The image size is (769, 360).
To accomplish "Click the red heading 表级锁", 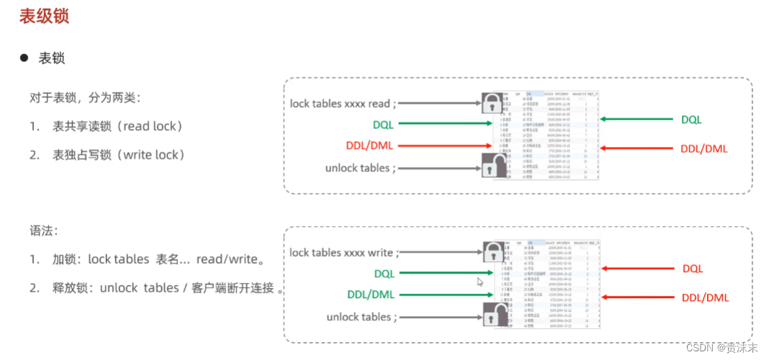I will click(x=44, y=16).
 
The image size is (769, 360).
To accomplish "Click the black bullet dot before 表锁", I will click(x=24, y=58).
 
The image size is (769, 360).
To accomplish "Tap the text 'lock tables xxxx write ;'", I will click(x=344, y=253).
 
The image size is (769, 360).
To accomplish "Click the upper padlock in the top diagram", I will click(x=492, y=103).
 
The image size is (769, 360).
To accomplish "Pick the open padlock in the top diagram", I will click(x=492, y=168).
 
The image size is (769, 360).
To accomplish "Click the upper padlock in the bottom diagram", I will click(x=493, y=251).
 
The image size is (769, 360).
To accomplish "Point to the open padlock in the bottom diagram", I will click(x=493, y=315).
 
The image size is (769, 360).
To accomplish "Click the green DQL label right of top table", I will click(x=691, y=120).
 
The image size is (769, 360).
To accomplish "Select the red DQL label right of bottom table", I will click(x=693, y=269).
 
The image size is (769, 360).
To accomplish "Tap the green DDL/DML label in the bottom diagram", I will click(x=371, y=294).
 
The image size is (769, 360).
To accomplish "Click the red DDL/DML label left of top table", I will click(x=370, y=147).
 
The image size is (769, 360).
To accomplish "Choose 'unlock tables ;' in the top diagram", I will click(x=360, y=168).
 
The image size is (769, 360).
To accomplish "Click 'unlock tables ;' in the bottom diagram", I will click(x=361, y=317).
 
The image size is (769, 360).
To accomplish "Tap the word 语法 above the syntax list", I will click(x=41, y=231).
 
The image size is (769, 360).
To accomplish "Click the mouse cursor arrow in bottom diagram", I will click(x=480, y=282).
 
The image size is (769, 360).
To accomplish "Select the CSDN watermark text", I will click(x=719, y=347).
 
